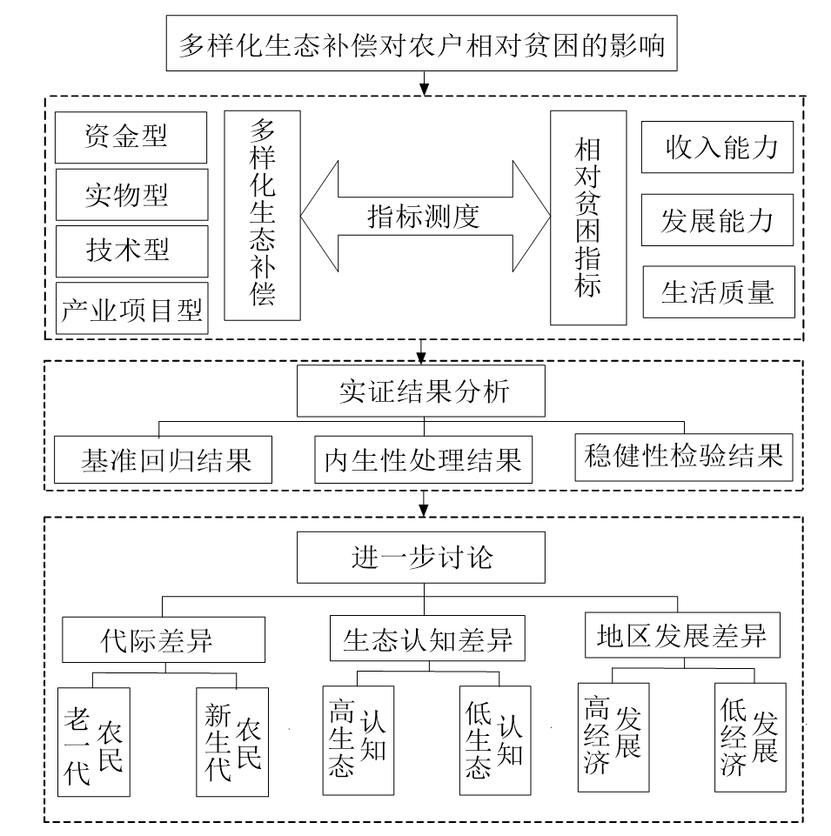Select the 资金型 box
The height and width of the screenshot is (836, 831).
pos(131,137)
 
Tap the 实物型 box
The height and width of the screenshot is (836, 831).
pos(131,194)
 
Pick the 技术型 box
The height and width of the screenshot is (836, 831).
pos(131,251)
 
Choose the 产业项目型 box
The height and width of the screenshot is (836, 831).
pos(131,307)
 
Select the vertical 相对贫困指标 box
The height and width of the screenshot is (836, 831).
pos(588,217)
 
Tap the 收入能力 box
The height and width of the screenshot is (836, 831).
pos(718,147)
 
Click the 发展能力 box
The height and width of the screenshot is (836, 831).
pos(718,220)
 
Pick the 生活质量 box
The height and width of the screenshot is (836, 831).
pos(718,292)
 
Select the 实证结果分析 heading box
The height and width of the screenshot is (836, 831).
pos(423,391)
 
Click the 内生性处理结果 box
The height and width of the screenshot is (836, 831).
pos(423,459)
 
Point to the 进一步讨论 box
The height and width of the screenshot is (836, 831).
pos(423,557)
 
